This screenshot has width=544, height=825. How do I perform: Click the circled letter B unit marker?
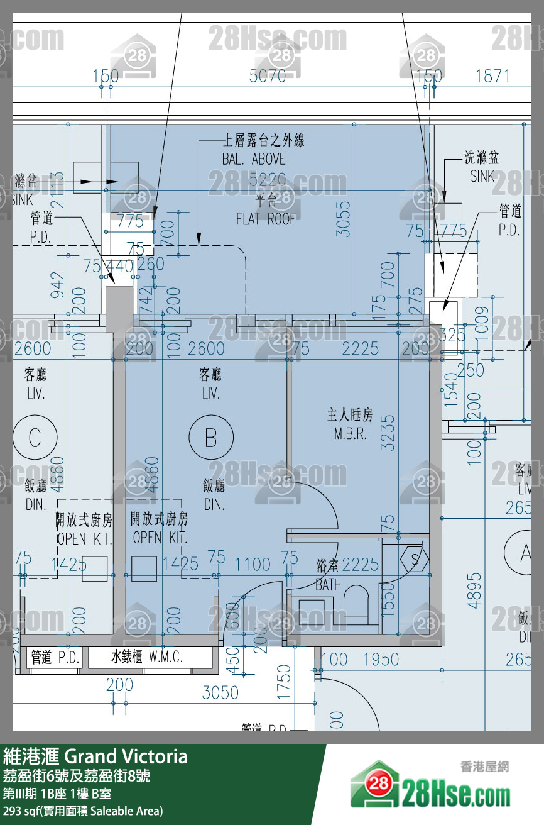[211, 437]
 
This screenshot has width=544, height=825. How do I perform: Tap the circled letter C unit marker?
[35, 437]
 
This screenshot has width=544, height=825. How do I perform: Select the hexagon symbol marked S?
[415, 559]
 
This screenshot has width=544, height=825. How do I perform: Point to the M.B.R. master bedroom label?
[350, 425]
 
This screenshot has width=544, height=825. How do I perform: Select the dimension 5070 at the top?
[268, 76]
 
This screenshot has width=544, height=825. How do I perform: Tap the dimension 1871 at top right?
[492, 76]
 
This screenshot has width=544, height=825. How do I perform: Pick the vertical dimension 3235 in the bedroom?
[389, 432]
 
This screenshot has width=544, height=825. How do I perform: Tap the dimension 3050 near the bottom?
[220, 693]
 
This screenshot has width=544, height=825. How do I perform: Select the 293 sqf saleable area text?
[83, 811]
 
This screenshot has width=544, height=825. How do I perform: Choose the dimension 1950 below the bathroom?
[381, 659]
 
